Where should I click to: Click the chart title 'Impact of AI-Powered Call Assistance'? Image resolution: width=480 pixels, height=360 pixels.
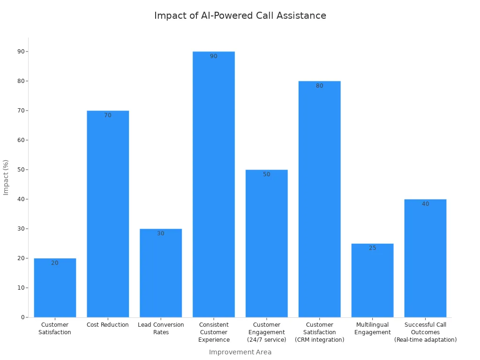(x=240, y=15)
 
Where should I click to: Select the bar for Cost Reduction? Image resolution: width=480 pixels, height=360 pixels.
(x=108, y=214)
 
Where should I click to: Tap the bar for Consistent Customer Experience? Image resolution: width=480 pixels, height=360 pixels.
(x=214, y=184)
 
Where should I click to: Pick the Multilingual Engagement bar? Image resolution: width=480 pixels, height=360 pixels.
(x=372, y=280)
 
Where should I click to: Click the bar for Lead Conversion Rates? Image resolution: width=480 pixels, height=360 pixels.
(x=161, y=273)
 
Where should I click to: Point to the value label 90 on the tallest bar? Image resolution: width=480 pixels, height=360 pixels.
(x=214, y=56)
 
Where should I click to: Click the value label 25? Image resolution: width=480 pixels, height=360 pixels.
(x=372, y=248)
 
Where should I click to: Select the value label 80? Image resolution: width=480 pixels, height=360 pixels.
(x=319, y=86)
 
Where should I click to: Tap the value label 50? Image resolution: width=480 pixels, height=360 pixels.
(x=266, y=174)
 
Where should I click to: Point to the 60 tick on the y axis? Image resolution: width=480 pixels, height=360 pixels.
(x=21, y=140)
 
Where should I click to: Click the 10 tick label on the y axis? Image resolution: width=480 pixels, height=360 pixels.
(x=21, y=288)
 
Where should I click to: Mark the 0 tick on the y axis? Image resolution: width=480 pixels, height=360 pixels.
(x=22, y=317)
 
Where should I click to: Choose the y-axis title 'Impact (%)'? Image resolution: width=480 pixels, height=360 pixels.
(x=6, y=177)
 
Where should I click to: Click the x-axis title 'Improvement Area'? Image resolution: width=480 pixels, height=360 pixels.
(x=240, y=352)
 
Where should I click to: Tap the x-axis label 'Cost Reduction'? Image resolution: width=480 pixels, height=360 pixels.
(x=108, y=325)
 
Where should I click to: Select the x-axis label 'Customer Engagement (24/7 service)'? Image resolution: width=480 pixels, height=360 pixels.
(x=266, y=332)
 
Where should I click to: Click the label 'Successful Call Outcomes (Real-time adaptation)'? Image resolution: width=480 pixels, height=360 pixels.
(x=425, y=332)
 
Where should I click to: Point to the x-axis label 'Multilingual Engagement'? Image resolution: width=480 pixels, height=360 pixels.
(x=372, y=328)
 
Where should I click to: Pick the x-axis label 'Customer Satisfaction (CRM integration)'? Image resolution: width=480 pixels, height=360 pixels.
(x=319, y=332)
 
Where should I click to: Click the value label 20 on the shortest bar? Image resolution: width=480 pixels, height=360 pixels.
(x=55, y=263)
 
